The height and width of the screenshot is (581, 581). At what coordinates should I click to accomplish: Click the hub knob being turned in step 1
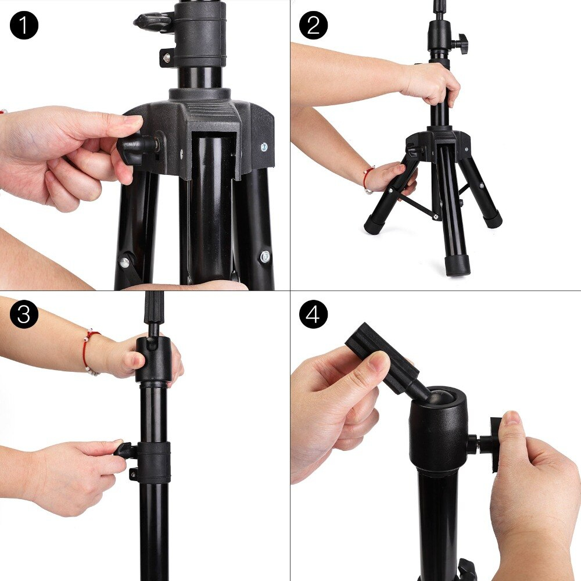[x=133, y=149]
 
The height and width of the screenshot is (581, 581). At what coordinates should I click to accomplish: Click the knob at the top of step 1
[x=152, y=21]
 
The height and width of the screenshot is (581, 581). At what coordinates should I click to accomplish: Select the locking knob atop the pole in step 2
[x=461, y=41]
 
